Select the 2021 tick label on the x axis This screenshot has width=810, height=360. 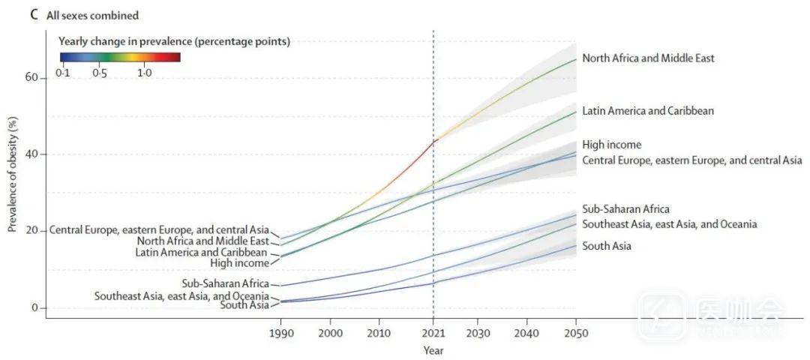(x=433, y=332)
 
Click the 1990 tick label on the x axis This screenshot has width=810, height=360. (x=281, y=332)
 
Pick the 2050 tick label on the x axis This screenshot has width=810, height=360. (x=576, y=332)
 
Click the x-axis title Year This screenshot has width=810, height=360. (x=433, y=350)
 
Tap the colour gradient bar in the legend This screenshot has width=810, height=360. (x=120, y=56)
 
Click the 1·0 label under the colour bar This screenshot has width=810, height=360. (x=145, y=73)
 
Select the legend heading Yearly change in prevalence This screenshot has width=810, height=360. (x=174, y=42)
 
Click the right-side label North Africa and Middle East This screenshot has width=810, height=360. (x=648, y=58)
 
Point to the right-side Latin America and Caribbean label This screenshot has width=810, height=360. (x=648, y=111)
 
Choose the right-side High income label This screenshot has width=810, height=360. (x=612, y=145)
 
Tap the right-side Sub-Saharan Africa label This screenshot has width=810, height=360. (x=625, y=209)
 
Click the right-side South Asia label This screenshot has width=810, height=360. (x=607, y=246)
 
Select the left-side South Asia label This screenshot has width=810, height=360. (x=244, y=304)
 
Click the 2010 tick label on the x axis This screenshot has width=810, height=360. (x=379, y=332)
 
